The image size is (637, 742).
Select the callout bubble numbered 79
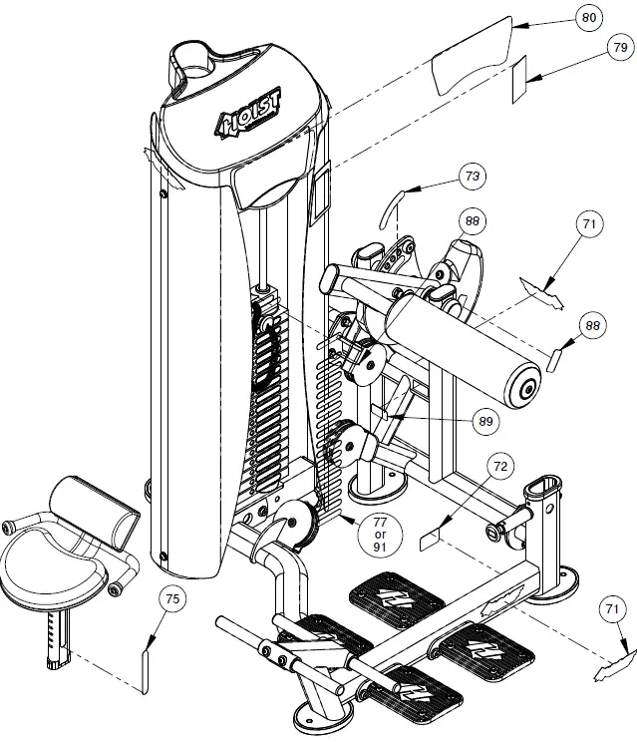point(618,47)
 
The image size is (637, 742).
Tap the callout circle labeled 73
point(472,177)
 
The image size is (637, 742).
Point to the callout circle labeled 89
point(485,422)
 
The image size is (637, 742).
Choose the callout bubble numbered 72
point(500,466)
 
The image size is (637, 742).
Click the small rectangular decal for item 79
point(519,80)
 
